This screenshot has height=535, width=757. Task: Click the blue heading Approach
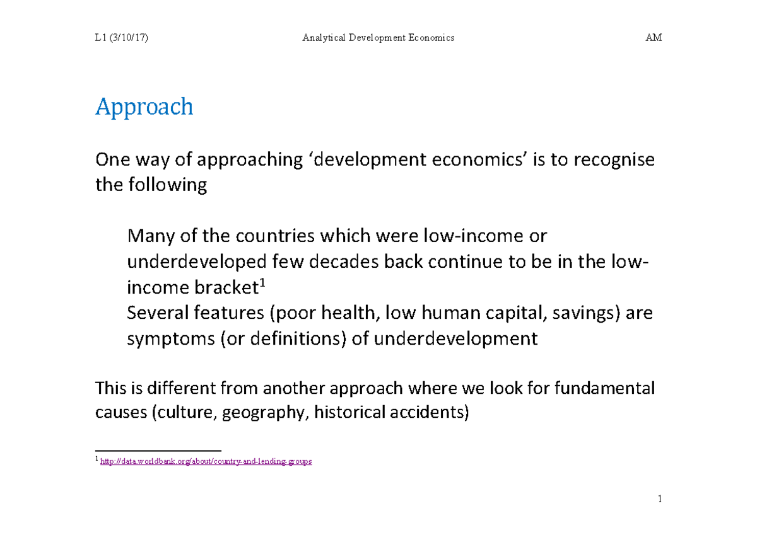(144, 108)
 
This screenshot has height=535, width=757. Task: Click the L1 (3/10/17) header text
(120, 38)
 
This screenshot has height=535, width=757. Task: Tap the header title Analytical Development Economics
(378, 38)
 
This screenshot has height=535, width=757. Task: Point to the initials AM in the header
(654, 38)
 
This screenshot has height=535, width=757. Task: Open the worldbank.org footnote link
(205, 462)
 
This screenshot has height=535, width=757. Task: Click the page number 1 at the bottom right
(659, 500)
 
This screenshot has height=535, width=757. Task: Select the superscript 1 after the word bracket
(262, 284)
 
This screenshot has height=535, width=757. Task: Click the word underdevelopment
(455, 339)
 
